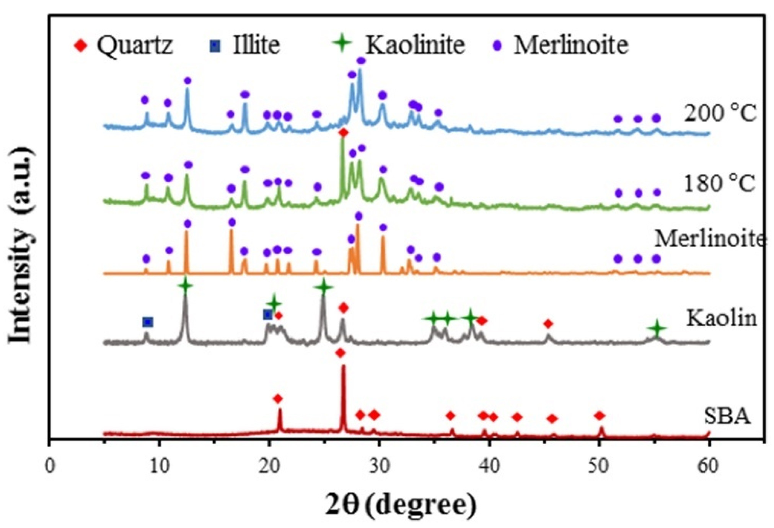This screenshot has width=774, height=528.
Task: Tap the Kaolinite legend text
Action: point(415,45)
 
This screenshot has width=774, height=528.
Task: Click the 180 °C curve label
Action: point(719,183)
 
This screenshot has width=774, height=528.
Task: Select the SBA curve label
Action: point(727,416)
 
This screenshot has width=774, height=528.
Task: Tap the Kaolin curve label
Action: point(722,318)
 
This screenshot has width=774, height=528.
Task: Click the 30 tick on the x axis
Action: point(379,466)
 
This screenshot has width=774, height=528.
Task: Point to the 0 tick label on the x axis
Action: point(50,466)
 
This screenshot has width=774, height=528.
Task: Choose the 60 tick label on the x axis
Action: point(708,466)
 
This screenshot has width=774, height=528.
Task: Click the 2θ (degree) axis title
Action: point(401,505)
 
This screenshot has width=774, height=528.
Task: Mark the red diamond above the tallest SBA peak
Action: point(340,353)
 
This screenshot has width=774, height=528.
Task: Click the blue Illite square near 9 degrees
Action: point(148,322)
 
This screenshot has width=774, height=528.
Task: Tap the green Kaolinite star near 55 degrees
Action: point(657,328)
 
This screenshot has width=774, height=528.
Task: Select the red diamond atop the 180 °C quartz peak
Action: point(343,133)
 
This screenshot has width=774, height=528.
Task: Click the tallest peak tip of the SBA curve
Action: point(343,366)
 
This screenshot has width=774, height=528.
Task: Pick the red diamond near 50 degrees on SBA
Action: point(600,415)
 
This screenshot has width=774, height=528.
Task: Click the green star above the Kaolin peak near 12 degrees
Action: point(186,285)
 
